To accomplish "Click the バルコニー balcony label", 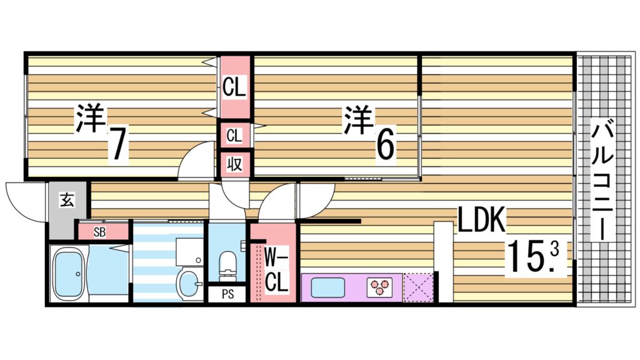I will pos(603,181).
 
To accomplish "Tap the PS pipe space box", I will pos(227,294).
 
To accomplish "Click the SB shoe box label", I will pos(99,231).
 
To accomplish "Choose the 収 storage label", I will pos(234,164).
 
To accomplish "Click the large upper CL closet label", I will pos(234,87).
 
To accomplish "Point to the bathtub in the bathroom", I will pos(70,273).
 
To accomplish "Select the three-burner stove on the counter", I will pos(379,286).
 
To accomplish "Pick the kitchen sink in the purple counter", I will pos(327,288).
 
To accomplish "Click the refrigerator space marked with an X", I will pos(417,287).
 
